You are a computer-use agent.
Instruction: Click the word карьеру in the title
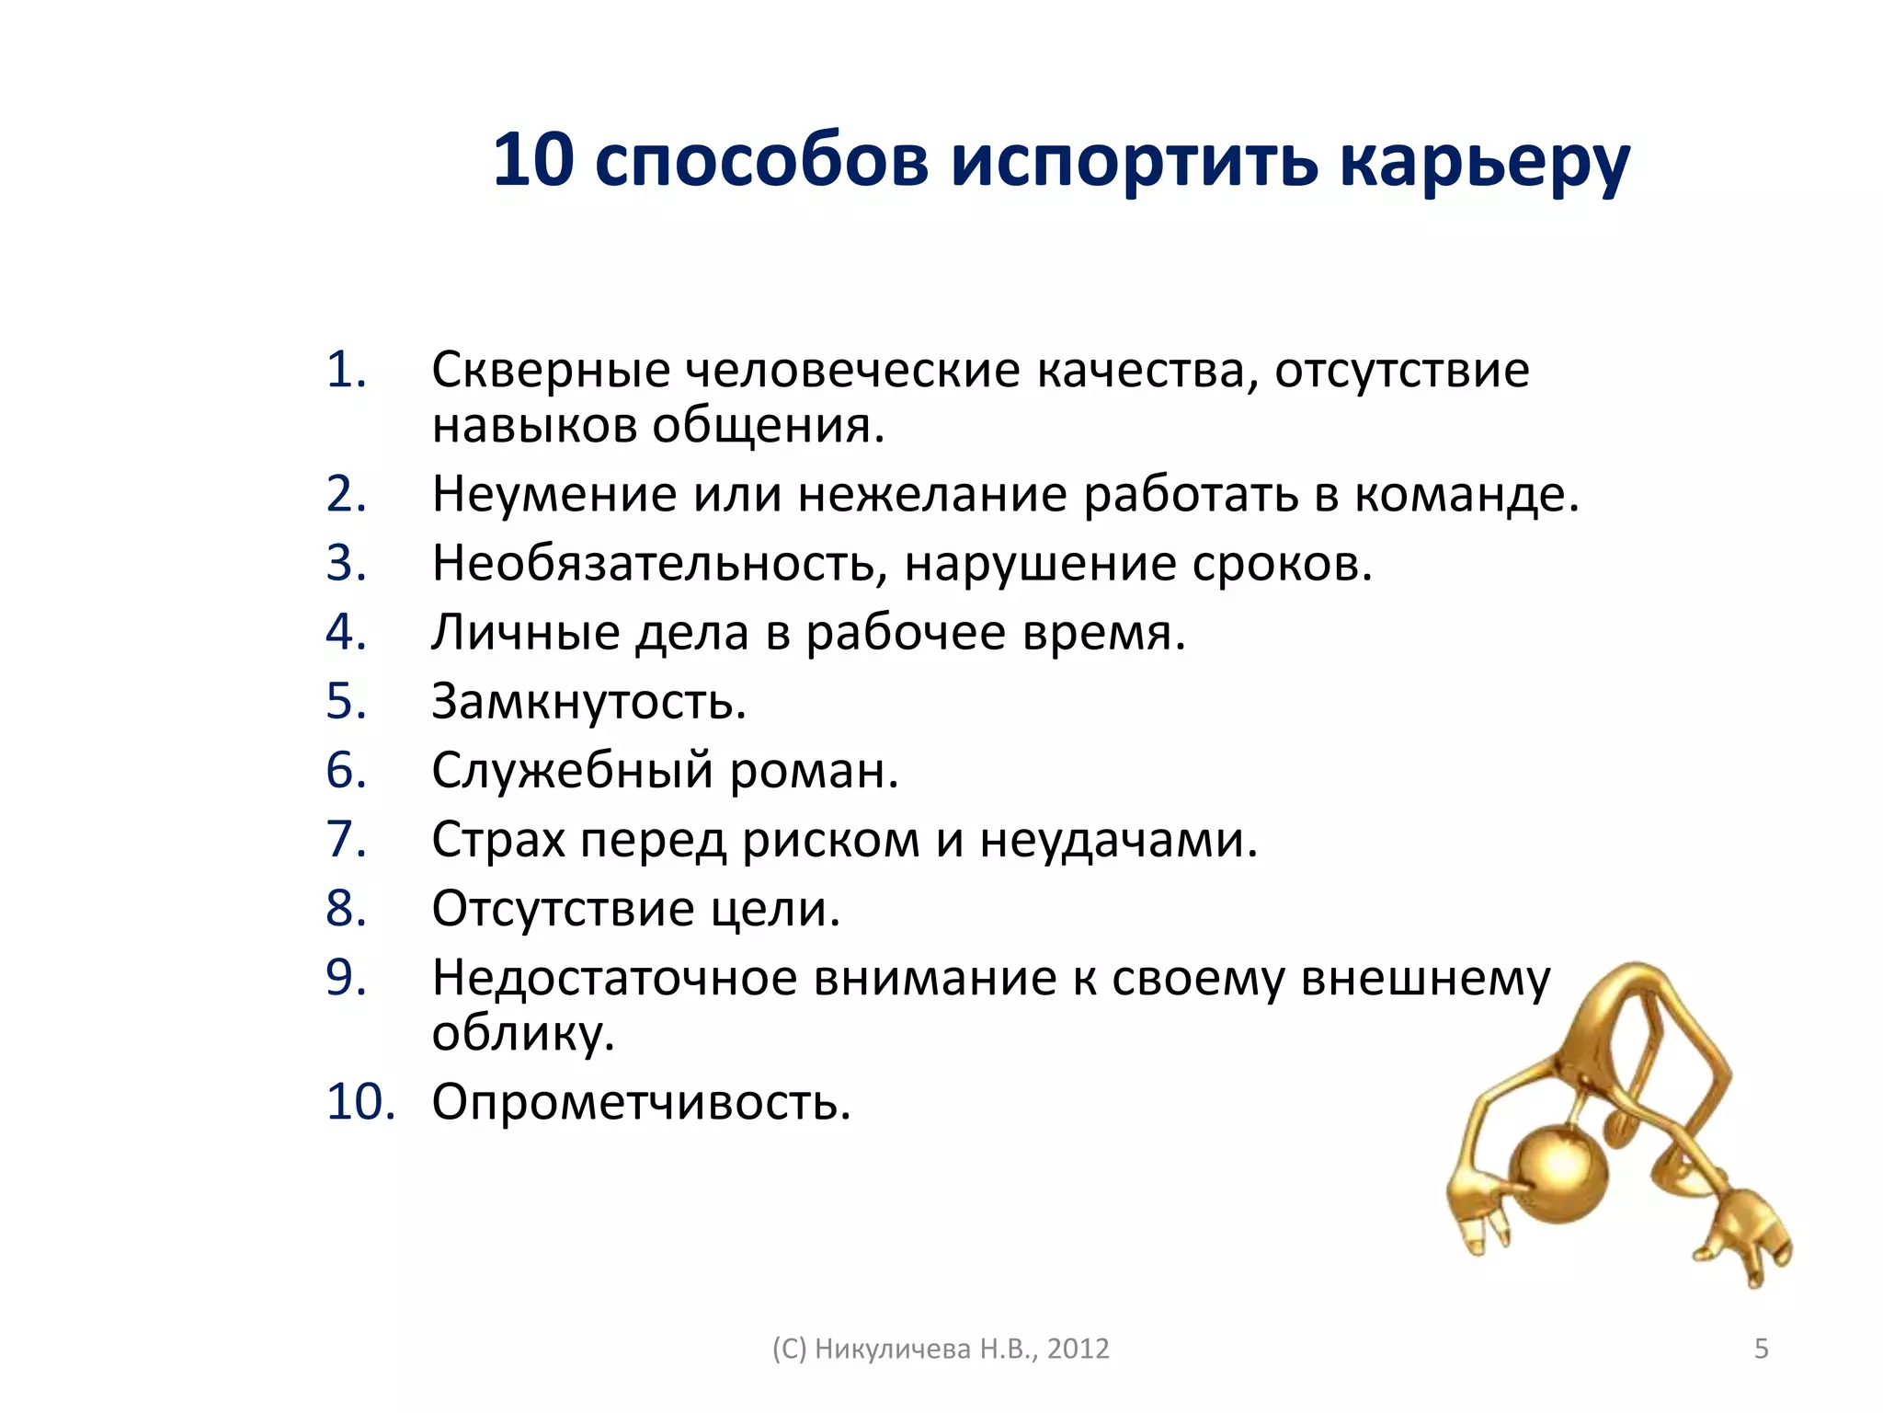[x=1484, y=162]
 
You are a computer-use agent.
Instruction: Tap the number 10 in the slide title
[x=533, y=160]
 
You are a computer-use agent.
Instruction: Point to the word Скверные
[x=551, y=370]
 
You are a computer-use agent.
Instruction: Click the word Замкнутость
[x=588, y=701]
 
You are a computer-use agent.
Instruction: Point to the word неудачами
[x=1118, y=839]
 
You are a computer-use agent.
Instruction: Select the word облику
[x=523, y=1034]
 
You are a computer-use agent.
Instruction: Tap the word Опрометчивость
[x=641, y=1101]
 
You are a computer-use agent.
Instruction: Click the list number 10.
[x=359, y=1101]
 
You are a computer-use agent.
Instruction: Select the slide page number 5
[x=1762, y=1349]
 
